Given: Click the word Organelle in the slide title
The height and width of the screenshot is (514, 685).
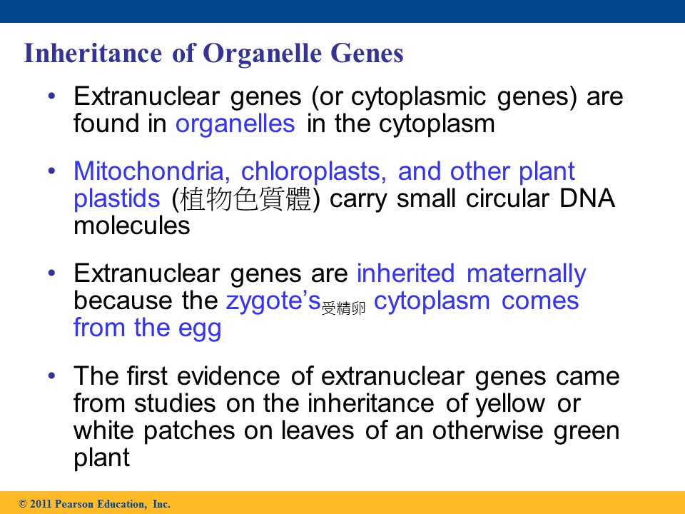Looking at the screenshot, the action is [262, 54].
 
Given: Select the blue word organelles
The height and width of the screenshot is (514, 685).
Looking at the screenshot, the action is [235, 124].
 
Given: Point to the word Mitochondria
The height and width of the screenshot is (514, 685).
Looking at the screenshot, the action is [152, 171].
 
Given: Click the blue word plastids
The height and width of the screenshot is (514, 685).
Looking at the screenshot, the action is [116, 199].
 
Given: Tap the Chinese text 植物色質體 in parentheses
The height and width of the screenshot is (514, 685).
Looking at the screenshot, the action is [245, 199].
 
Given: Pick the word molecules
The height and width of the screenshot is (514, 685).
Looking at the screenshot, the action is [132, 226].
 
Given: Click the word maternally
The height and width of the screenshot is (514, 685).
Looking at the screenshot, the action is [527, 274].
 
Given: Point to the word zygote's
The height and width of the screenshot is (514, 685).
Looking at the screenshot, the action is [273, 302].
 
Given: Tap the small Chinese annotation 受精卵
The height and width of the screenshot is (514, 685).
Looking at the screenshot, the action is [343, 308].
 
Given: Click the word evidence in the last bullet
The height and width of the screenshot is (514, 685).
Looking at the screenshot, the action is [228, 376].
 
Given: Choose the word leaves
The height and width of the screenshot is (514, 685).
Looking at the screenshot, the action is [318, 430].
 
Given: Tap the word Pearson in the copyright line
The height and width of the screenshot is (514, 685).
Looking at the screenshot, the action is [74, 504].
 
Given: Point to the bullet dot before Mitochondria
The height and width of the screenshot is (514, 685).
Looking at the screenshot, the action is [52, 171].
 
